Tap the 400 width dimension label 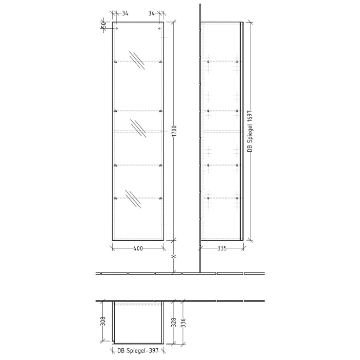click(138, 248)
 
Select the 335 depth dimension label click(222, 248)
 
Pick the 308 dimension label click(103, 321)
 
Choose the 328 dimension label click(174, 322)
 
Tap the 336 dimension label click(183, 322)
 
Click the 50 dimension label click(103, 24)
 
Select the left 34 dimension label click(125, 13)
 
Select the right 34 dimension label click(152, 13)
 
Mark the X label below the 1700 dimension click(174, 256)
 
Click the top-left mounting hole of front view click(117, 28)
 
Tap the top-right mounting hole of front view click(159, 28)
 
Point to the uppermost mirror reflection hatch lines click(137, 60)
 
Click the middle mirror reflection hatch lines click(138, 128)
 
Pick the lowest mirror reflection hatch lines click(133, 199)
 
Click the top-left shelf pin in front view click(116, 62)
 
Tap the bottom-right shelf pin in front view click(161, 198)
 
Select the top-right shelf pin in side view click(237, 62)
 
